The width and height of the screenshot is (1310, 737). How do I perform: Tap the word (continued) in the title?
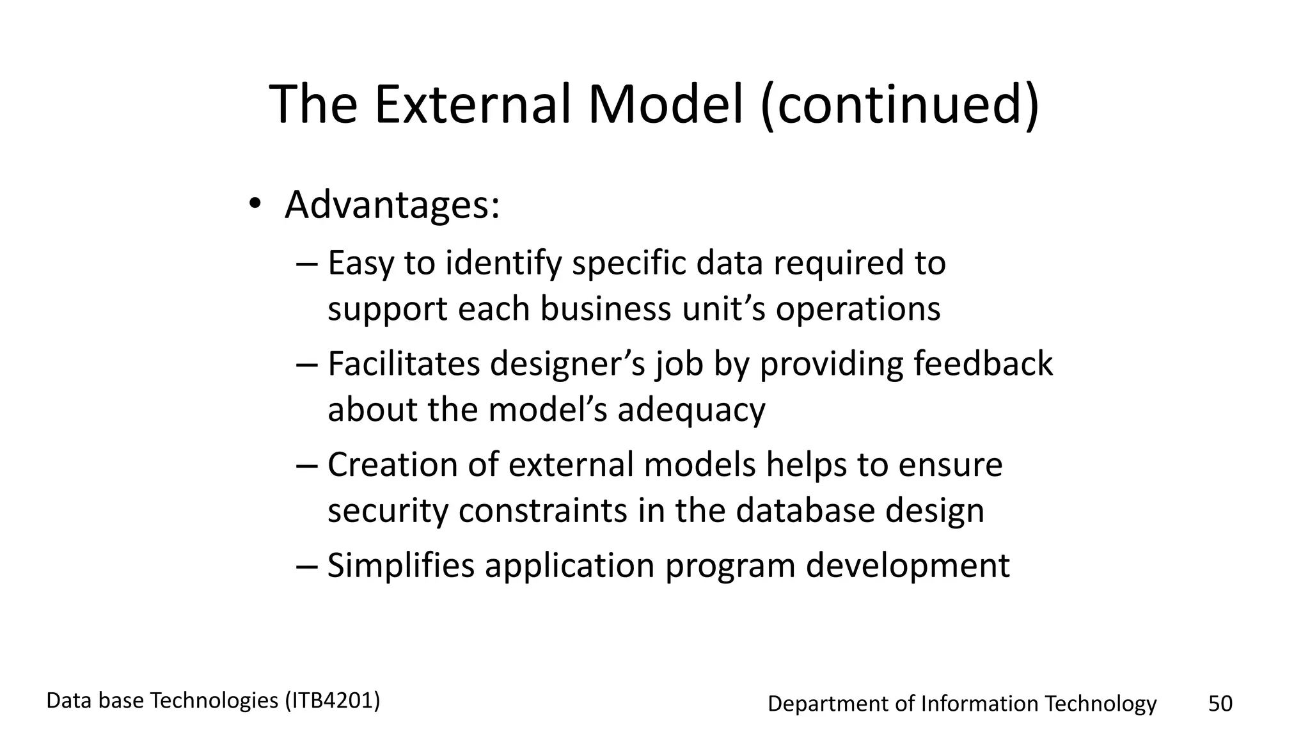[x=900, y=104]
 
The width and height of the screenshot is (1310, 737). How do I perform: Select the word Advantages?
[x=391, y=205]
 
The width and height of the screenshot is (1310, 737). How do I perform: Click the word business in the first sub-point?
[x=606, y=309]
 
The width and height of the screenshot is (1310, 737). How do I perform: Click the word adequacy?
[x=691, y=410]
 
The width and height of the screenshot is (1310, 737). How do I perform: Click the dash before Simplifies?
[x=307, y=566]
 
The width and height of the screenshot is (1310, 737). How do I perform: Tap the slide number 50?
[x=1220, y=703]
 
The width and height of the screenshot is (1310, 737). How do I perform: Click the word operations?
[x=858, y=309]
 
